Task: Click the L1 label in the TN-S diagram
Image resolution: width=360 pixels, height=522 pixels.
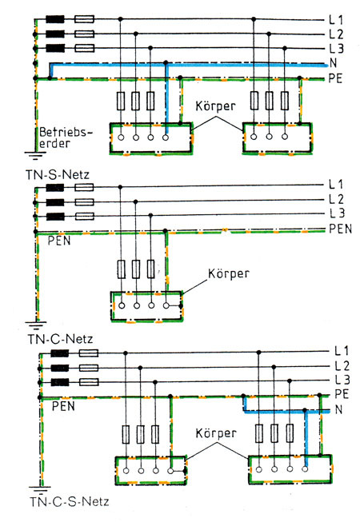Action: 336,18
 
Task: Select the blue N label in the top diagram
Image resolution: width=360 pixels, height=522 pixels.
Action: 334,63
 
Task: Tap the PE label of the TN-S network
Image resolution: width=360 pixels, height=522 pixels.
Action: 336,78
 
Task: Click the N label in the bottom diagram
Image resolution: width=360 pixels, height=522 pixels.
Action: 338,410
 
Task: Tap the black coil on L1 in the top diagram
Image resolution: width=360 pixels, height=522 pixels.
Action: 56,18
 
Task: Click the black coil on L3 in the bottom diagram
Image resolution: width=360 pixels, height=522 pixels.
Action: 59,381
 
